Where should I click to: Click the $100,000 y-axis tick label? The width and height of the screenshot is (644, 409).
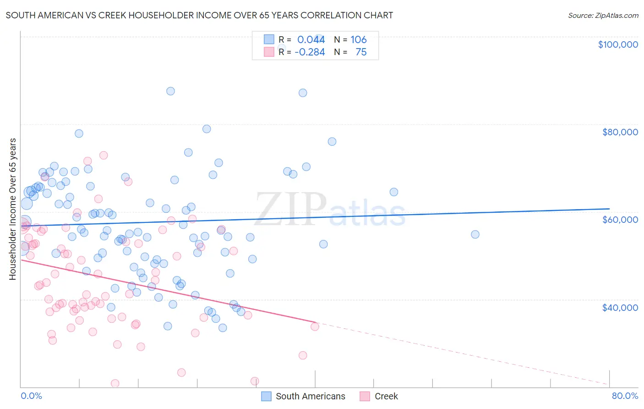tap(617, 44)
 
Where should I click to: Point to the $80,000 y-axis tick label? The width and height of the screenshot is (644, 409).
tap(620, 132)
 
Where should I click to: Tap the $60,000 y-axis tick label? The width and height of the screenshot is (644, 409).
tap(620, 220)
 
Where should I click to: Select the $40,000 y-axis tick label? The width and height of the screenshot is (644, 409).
tap(620, 307)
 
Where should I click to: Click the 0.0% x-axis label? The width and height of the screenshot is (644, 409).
tap(31, 396)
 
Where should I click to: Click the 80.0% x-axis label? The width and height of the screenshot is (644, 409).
tap(625, 396)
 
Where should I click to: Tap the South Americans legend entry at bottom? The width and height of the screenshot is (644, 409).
tap(310, 396)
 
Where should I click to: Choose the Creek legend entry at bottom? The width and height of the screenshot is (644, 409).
tap(386, 396)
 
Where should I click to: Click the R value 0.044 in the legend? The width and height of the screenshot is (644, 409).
tap(311, 39)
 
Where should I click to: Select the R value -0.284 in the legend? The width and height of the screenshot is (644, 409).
tap(310, 52)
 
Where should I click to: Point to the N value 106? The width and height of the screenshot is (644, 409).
tap(358, 39)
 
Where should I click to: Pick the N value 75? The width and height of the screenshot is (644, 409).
tap(361, 52)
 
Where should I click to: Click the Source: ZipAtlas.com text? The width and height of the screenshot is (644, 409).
tap(603, 15)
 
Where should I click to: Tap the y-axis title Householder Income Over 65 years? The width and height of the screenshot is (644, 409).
tap(12, 209)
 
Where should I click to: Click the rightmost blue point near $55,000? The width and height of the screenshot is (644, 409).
tap(475, 234)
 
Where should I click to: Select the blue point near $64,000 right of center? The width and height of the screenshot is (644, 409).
tap(393, 192)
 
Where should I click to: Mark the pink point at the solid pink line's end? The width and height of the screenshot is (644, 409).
tap(315, 326)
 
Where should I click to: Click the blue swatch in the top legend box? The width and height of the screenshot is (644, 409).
tap(269, 39)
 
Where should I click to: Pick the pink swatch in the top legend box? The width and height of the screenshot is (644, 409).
tap(269, 52)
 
